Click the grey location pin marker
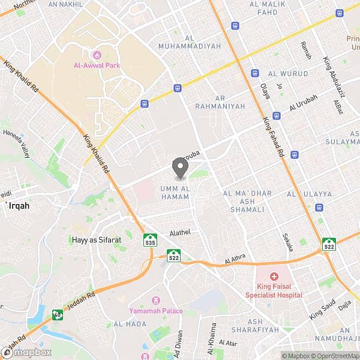(179, 167)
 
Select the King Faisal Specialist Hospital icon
(274, 276)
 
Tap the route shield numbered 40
(57, 314)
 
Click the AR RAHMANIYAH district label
(220, 101)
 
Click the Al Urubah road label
(301, 104)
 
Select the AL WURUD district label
(288, 74)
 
